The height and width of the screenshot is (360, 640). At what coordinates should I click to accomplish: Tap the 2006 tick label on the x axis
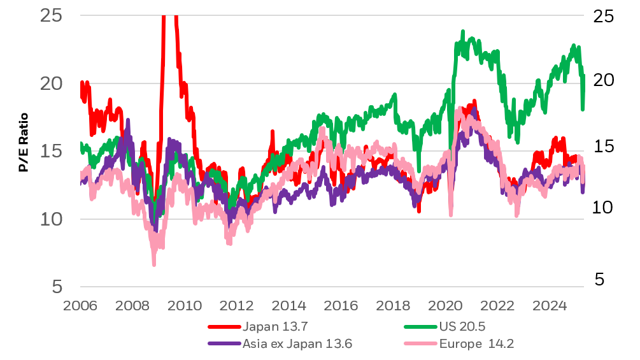click(x=80, y=306)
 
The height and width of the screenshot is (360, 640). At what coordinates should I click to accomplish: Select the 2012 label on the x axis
click(x=236, y=306)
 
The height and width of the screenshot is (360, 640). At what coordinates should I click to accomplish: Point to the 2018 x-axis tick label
click(x=393, y=306)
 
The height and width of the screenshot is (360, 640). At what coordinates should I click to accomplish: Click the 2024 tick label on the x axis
click(x=549, y=306)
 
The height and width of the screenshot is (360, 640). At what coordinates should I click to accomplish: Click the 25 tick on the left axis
click(x=51, y=15)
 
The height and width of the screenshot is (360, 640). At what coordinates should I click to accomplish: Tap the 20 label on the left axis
click(x=51, y=83)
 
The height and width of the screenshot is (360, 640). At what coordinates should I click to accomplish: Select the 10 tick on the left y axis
click(x=51, y=219)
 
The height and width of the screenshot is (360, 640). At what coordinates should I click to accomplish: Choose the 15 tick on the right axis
click(x=606, y=147)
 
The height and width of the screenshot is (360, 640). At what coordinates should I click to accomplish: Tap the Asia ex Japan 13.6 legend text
click(x=297, y=344)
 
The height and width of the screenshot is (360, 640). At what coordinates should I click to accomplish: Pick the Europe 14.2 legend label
click(x=476, y=344)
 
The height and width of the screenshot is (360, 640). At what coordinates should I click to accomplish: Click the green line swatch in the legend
click(x=422, y=327)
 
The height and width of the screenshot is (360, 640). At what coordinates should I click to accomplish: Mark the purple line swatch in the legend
click(x=224, y=344)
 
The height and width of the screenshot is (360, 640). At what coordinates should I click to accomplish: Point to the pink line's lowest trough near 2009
click(x=154, y=263)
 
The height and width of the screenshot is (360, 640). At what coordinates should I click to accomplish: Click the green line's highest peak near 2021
click(x=463, y=31)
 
